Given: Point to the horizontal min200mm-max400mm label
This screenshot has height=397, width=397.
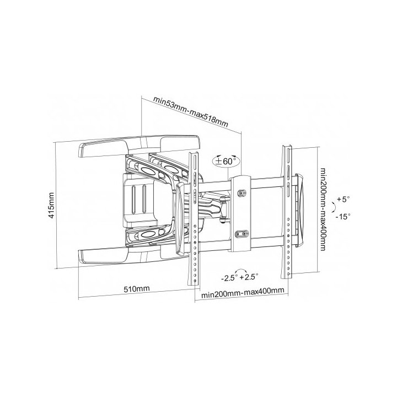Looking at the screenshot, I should [x=243, y=292].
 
